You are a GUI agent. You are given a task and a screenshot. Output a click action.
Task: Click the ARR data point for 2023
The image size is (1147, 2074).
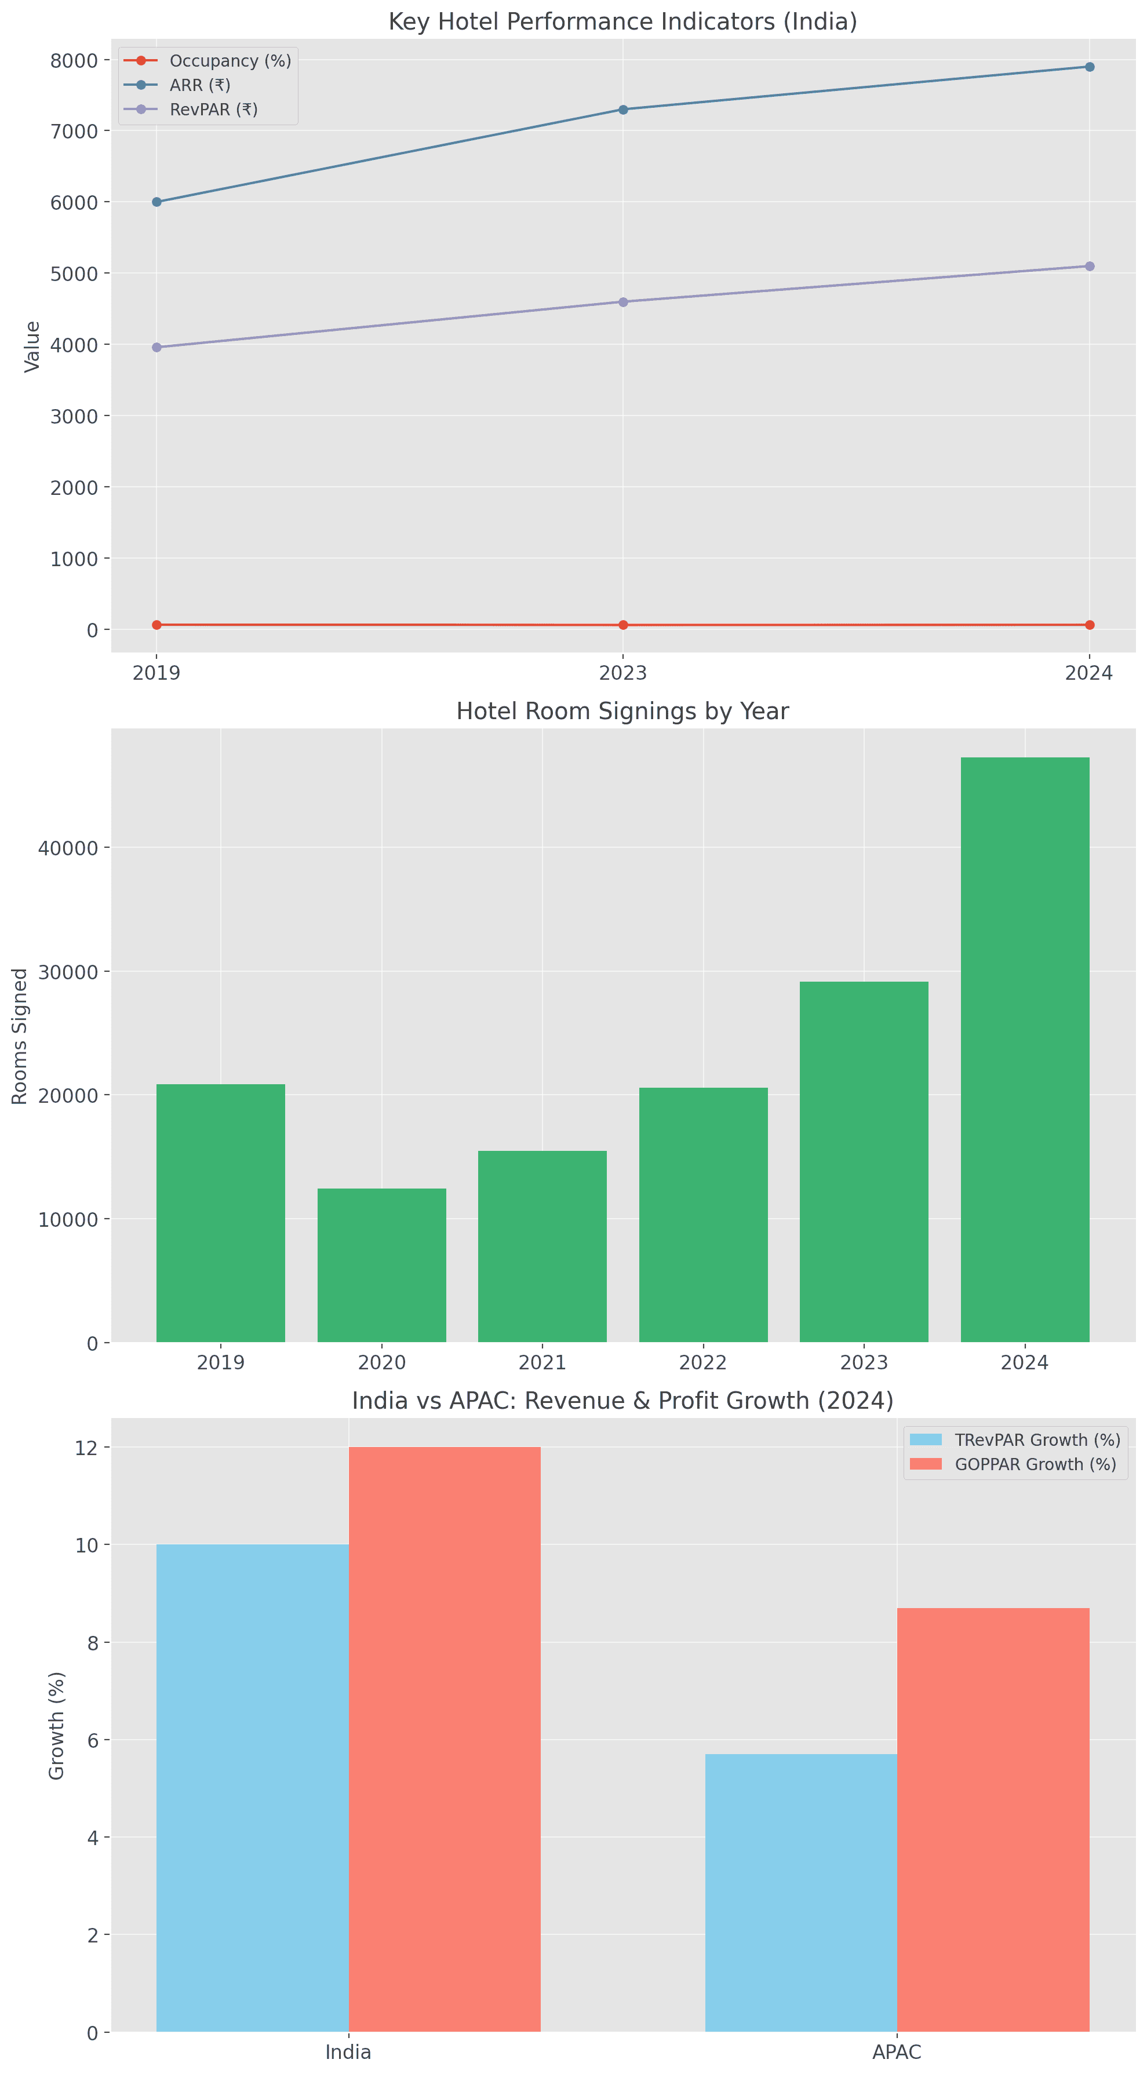pyautogui.click(x=622, y=110)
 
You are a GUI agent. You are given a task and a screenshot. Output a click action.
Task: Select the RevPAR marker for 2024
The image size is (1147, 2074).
pyautogui.click(x=1089, y=267)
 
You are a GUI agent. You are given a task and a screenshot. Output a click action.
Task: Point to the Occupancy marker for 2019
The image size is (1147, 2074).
pyautogui.click(x=156, y=625)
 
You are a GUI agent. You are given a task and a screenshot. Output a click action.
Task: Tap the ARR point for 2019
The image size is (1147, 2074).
pyautogui.click(x=156, y=202)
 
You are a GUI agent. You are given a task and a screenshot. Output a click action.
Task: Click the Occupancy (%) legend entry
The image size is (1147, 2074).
pyautogui.click(x=230, y=61)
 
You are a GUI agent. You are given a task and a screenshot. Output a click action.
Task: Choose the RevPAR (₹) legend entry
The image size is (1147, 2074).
pyautogui.click(x=213, y=110)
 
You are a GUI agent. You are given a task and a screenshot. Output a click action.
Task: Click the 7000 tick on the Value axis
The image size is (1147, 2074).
pyautogui.click(x=74, y=131)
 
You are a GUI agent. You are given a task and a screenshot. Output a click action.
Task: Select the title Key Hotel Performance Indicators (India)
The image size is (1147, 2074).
pyautogui.click(x=622, y=22)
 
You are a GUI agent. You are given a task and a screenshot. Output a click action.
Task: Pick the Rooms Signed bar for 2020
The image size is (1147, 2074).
pyautogui.click(x=382, y=1265)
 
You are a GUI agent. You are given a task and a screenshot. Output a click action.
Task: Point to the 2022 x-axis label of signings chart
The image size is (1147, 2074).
pyautogui.click(x=703, y=1362)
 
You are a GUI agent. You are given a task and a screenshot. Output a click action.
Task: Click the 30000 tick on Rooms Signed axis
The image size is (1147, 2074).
pyautogui.click(x=68, y=972)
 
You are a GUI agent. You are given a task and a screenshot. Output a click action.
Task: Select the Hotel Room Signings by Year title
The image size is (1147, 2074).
pyautogui.click(x=622, y=712)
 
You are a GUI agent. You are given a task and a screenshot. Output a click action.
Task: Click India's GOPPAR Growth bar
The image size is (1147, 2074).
pyautogui.click(x=445, y=1739)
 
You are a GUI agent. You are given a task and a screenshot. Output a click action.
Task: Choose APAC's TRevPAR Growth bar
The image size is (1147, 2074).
pyautogui.click(x=800, y=1892)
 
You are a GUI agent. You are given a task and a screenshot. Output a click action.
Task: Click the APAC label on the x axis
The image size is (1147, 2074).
pyautogui.click(x=897, y=2052)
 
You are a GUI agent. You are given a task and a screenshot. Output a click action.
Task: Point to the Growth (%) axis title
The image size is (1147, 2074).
pyautogui.click(x=56, y=1725)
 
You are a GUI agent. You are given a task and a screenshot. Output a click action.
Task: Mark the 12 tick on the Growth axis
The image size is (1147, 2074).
pyautogui.click(x=86, y=1448)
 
